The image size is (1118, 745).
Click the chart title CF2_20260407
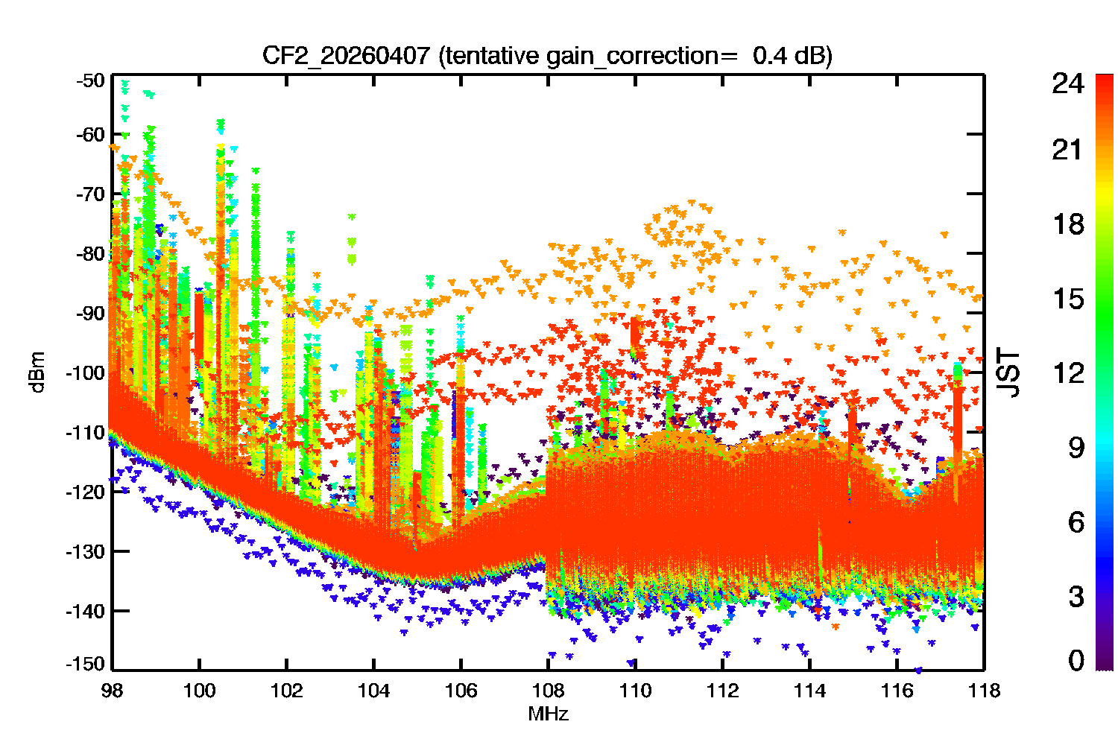346,56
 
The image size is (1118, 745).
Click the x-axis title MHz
548,714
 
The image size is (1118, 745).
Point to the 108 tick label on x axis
548,691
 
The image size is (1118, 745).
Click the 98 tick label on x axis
112,691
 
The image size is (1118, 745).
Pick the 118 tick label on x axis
984,691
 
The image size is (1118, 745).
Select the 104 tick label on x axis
373,691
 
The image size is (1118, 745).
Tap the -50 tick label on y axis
91,80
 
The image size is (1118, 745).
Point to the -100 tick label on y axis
86,372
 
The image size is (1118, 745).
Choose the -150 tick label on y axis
86,664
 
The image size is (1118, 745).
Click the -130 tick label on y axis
86,551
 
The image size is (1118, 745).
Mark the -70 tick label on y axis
91,194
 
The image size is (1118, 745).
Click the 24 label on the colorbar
1067,84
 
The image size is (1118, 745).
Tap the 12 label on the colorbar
1067,372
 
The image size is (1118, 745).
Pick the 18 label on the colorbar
1067,224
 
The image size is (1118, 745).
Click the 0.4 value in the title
769,56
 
